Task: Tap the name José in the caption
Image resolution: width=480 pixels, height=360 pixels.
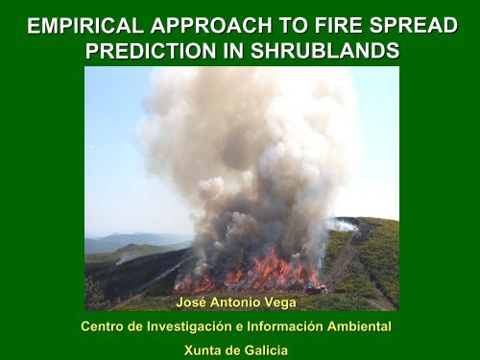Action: click(x=196, y=303)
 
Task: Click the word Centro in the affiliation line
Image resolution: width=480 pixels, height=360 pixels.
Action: click(x=107, y=327)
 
